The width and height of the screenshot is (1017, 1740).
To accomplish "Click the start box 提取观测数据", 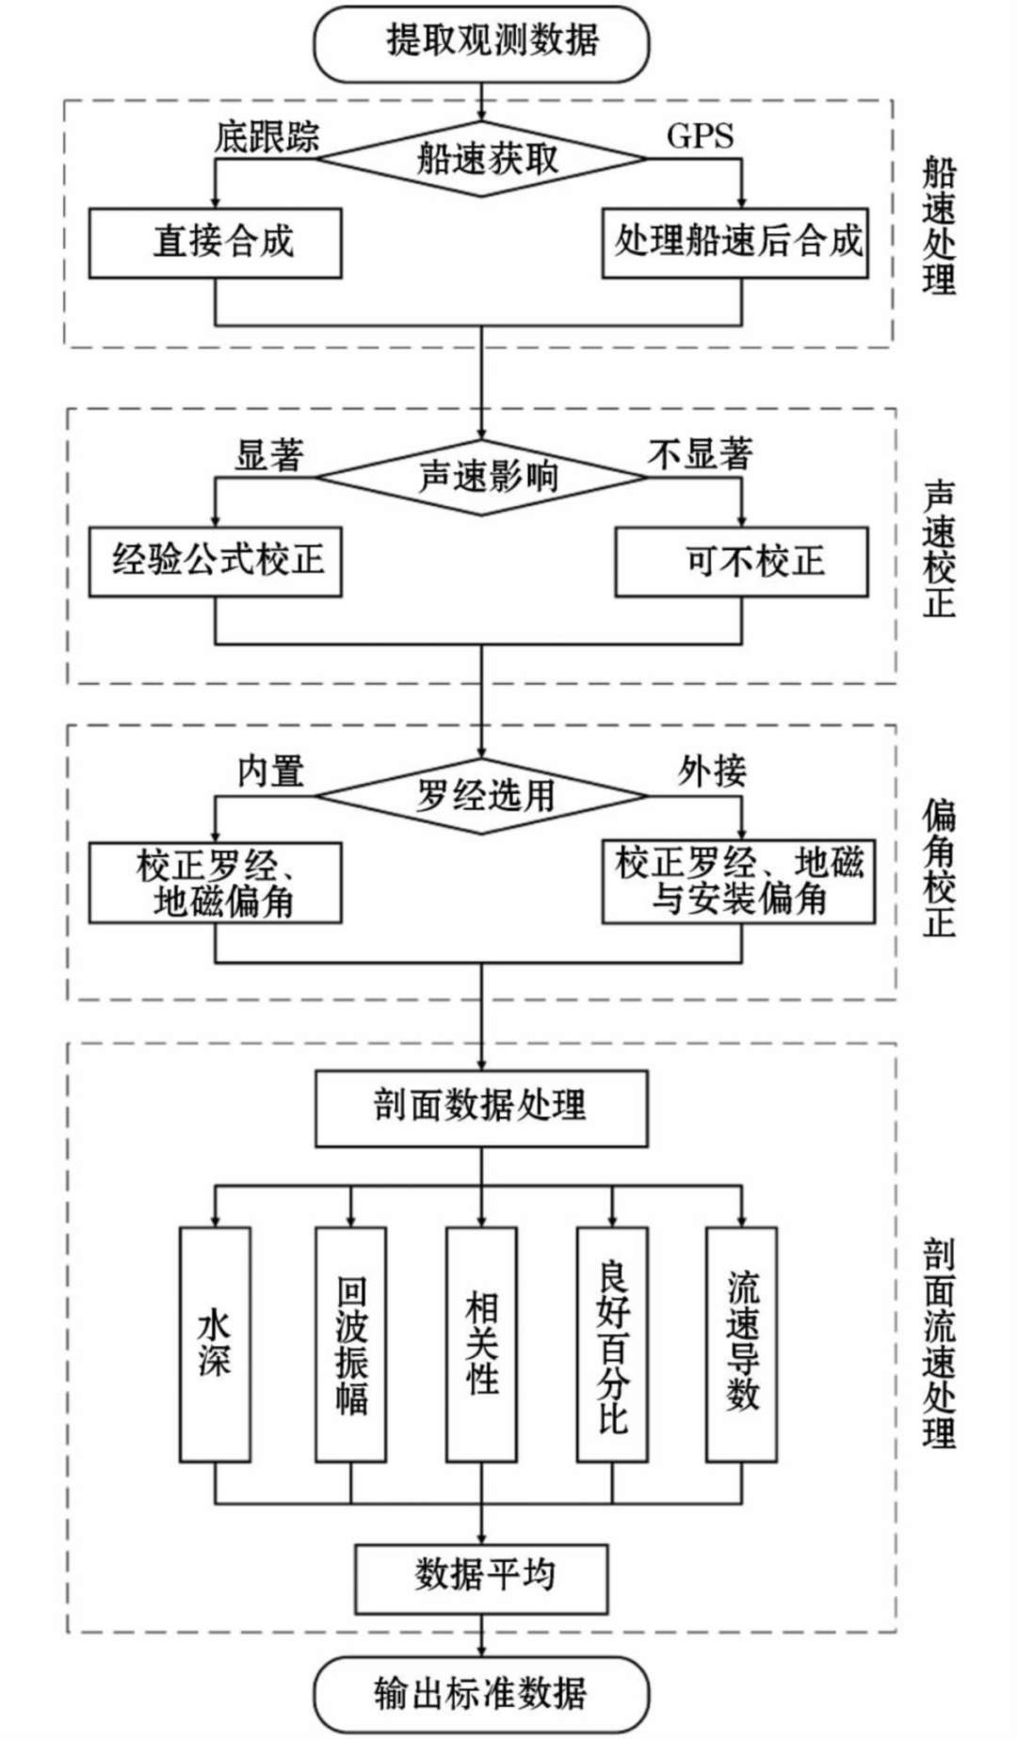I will point(481,42).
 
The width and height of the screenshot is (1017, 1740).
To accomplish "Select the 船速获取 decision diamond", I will point(481,158).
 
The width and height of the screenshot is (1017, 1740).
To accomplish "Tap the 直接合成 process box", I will point(215,243).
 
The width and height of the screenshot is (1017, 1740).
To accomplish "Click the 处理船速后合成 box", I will point(734,243).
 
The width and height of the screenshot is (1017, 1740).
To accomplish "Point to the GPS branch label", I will point(700,136).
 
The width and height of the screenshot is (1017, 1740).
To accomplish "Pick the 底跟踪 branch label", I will point(266,137).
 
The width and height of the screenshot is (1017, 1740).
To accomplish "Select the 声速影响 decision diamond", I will point(481,477).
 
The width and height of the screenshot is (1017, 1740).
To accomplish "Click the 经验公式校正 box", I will point(215,562).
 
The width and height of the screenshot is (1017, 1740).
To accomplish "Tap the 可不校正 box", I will point(741,562).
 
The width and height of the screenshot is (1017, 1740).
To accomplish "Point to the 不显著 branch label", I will point(700,455).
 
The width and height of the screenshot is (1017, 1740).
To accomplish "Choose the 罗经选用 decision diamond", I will point(481,796).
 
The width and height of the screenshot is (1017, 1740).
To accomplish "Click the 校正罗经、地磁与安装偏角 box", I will point(738,882).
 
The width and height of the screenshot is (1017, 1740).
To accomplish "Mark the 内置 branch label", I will point(270,772).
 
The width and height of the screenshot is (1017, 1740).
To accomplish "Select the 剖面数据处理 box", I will point(481,1108).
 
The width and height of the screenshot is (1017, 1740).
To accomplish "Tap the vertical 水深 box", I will point(215,1344).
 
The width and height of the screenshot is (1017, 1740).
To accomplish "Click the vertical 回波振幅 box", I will point(350,1344).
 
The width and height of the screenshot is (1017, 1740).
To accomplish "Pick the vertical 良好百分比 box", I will point(612,1344).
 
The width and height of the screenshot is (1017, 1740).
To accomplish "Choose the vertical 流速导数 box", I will point(741,1344).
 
